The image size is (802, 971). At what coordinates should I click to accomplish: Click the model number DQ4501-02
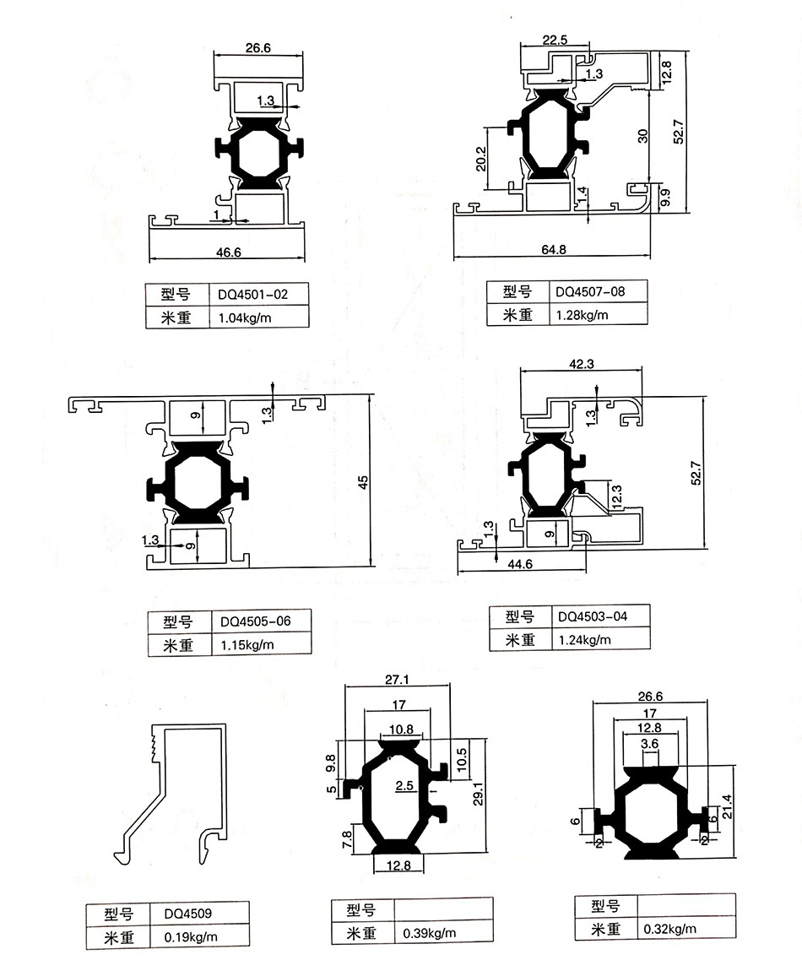pos(253,295)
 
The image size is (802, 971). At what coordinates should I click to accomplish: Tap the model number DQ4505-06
pos(255,621)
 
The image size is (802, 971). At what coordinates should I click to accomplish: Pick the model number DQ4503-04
pos(593,616)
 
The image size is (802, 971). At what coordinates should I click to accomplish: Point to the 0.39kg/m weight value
pos(430,933)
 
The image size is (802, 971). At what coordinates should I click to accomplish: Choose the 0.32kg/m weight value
pos(670,929)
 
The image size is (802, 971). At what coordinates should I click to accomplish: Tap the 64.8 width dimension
pos(550,249)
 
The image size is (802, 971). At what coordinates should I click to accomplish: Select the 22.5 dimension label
pos(555,39)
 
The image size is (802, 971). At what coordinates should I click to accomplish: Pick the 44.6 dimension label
pos(517,565)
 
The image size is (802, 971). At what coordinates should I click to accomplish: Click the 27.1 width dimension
pos(397,679)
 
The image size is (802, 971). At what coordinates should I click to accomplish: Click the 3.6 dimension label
pos(650,744)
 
